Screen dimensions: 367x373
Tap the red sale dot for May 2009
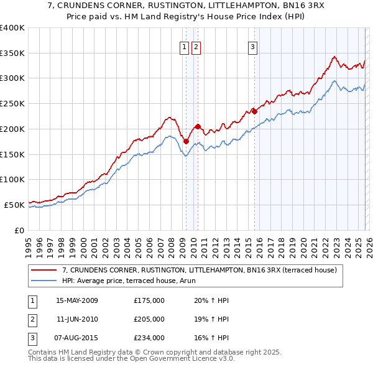tap(186, 141)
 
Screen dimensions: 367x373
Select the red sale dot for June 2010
tap(198, 126)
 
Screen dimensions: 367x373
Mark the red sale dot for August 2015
tap(254, 111)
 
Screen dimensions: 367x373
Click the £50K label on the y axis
tap(14, 205)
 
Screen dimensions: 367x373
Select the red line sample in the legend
tap(45, 270)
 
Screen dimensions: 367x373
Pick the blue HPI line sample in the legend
tap(45, 281)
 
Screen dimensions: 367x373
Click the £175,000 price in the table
tap(149, 300)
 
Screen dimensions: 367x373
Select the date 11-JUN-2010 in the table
tap(76, 319)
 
